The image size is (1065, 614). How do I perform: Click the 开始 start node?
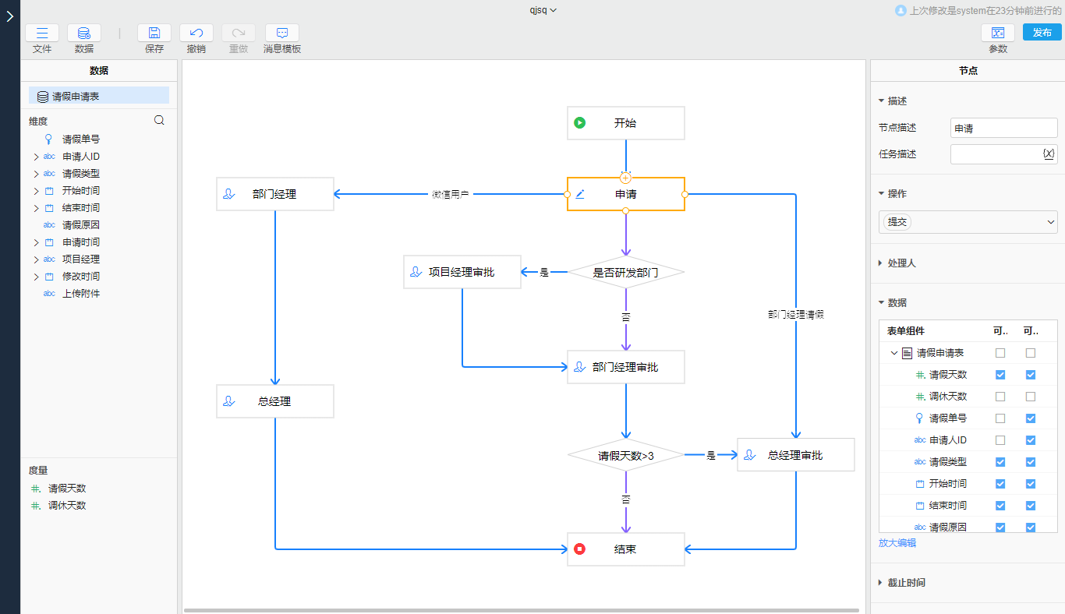625,123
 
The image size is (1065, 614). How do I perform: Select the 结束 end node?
625,549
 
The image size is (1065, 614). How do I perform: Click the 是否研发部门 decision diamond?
625,273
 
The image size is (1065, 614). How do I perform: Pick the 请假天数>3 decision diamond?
625,456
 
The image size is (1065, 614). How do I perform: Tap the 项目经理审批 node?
462,273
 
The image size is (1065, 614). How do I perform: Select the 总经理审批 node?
795,455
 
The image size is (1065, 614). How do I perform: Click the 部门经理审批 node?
625,367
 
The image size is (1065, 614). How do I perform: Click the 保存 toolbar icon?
154,33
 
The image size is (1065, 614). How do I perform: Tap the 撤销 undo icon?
196,33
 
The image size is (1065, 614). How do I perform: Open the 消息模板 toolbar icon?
282,33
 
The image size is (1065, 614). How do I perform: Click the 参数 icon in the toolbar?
998,33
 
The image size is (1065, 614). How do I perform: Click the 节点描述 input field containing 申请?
1003,129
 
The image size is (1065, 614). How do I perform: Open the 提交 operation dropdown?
968,222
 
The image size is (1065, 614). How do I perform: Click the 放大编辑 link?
897,543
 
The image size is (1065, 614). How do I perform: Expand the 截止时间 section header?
907,583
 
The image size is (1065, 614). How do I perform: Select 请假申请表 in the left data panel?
76,97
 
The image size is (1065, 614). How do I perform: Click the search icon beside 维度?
159,120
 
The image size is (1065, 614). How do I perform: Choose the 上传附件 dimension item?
81,294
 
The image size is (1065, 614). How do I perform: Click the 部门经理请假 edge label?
795,315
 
